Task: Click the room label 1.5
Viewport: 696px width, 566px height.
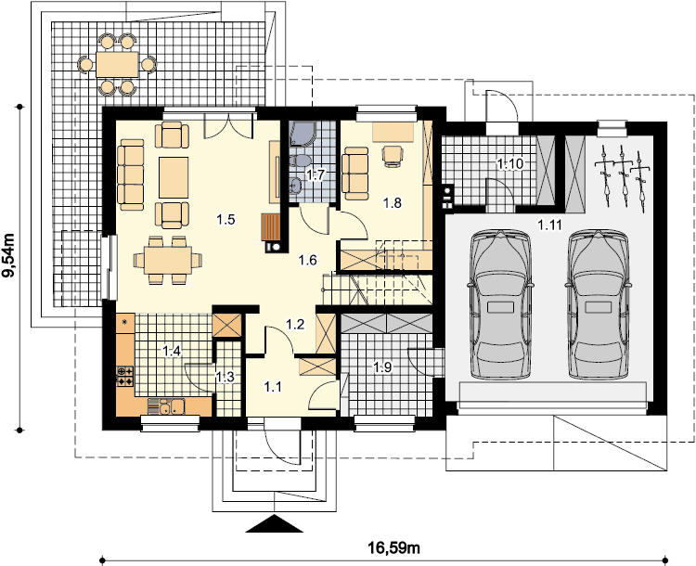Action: pyautogui.click(x=226, y=219)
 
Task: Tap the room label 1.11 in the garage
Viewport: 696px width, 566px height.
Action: pyautogui.click(x=550, y=225)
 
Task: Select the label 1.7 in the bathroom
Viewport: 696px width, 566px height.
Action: pyautogui.click(x=316, y=174)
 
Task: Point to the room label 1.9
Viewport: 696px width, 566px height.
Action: pyautogui.click(x=382, y=367)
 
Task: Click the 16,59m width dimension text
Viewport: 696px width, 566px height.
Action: pyautogui.click(x=393, y=547)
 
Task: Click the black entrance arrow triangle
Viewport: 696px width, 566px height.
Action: pyautogui.click(x=275, y=523)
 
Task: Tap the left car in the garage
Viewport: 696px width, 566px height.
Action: pyautogui.click(x=500, y=304)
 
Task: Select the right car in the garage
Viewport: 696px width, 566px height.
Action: pyautogui.click(x=599, y=304)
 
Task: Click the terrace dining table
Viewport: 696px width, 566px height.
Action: pyautogui.click(x=117, y=64)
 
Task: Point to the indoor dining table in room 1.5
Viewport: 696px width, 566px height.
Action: pyautogui.click(x=168, y=260)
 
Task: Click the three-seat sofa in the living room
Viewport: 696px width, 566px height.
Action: pyautogui.click(x=131, y=174)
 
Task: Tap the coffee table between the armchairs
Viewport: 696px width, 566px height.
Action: pyautogui.click(x=174, y=177)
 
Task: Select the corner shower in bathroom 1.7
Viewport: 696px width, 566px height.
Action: pyautogui.click(x=303, y=134)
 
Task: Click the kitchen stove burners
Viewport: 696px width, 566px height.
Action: pyautogui.click(x=124, y=376)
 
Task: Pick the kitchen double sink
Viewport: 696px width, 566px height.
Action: pyautogui.click(x=172, y=406)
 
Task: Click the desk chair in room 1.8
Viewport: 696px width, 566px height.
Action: pyautogui.click(x=393, y=156)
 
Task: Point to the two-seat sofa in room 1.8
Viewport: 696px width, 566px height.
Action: pyautogui.click(x=355, y=174)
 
